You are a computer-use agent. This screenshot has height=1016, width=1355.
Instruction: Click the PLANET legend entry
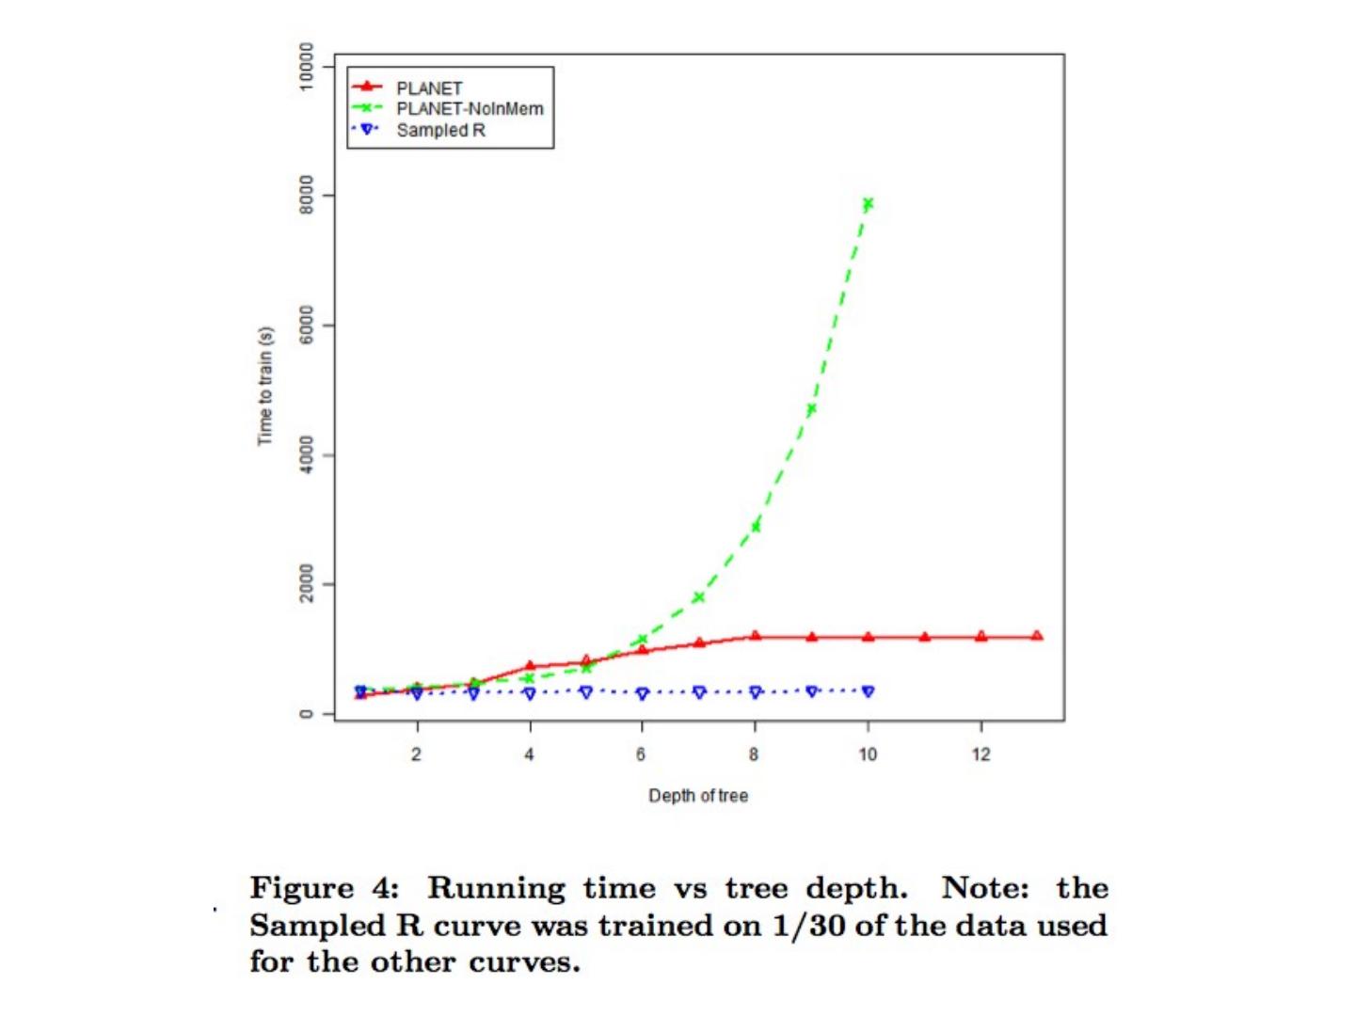pos(429,88)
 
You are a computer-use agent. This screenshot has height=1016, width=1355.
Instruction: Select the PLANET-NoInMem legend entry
pos(469,109)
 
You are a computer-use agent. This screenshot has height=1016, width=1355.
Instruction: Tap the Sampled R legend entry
pos(440,131)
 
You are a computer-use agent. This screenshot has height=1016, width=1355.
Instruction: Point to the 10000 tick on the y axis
pos(304,66)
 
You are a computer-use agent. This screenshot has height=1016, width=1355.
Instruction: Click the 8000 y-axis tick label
pos(304,195)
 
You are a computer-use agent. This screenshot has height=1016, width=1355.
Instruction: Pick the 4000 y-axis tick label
pos(304,455)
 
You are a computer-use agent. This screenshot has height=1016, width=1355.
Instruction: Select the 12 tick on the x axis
pos(980,754)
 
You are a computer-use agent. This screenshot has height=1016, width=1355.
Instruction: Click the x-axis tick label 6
pos(642,754)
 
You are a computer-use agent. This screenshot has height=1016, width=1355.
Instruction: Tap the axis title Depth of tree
pos(698,796)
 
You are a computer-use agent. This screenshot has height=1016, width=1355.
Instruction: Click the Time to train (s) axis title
pos(265,387)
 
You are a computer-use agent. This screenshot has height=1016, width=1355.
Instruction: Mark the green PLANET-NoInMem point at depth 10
pos(868,203)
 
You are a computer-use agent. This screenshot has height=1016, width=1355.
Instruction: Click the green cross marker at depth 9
pos(811,409)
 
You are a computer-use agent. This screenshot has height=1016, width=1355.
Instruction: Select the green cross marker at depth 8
pos(755,527)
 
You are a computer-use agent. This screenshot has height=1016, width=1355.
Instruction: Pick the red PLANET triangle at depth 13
pos(1037,636)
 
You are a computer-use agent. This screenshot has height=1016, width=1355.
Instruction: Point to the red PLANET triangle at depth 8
pos(755,636)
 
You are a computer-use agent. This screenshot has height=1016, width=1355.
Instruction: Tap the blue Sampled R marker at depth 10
pos(868,691)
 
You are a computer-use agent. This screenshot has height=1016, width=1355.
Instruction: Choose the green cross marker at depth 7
pos(698,597)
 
